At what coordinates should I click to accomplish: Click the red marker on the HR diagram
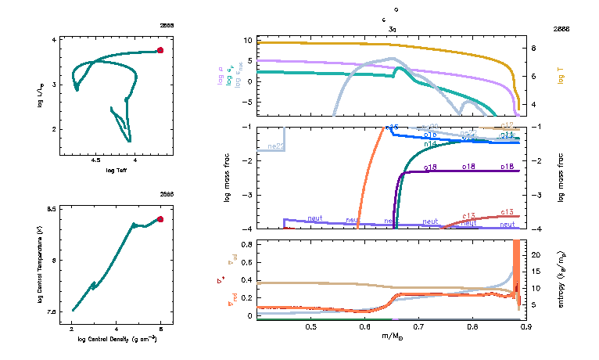point(160,50)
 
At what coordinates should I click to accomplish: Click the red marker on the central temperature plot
point(160,219)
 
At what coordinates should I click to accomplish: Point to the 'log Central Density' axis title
point(117,340)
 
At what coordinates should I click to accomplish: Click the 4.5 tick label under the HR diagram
point(95,160)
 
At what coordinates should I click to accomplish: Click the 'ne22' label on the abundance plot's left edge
point(275,146)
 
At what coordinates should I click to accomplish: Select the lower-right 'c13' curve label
point(506,212)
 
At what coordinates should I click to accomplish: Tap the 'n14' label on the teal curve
point(430,145)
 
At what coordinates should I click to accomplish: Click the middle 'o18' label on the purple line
point(469,167)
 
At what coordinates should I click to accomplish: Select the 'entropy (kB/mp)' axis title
point(561,279)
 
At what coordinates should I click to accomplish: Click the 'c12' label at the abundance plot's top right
point(506,125)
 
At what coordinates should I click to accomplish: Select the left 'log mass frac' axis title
point(228,178)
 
